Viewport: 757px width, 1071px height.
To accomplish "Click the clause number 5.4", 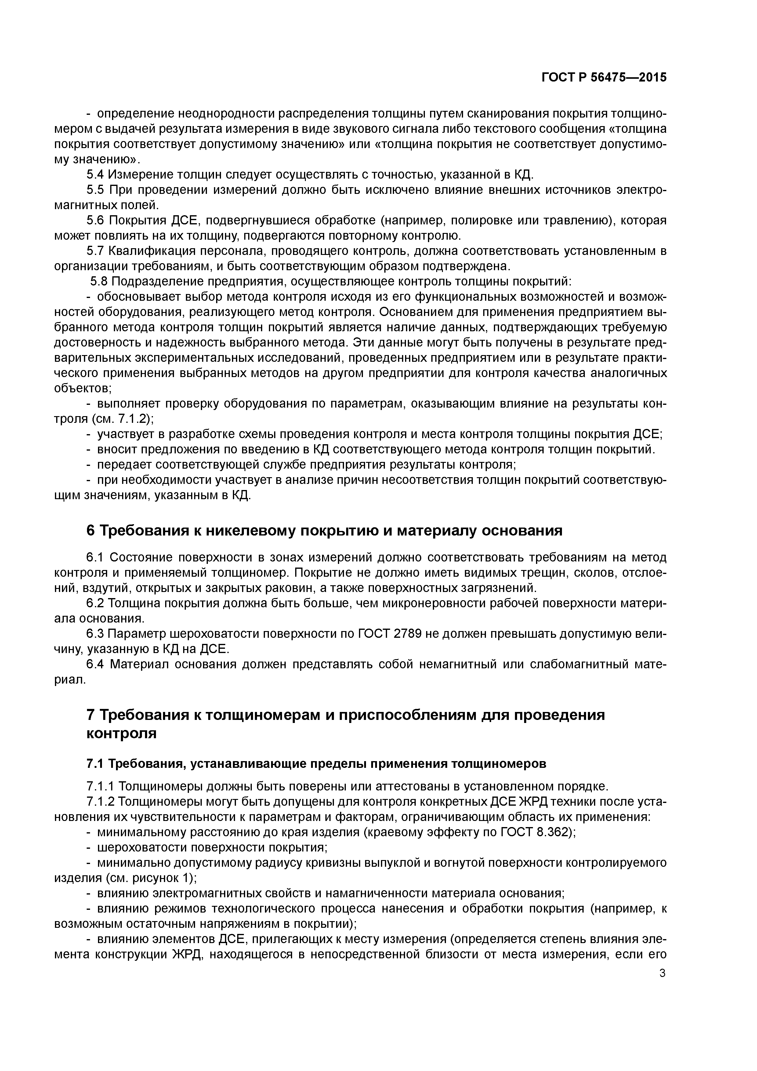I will pos(96,175).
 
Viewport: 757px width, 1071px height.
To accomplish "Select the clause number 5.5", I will pos(96,190).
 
